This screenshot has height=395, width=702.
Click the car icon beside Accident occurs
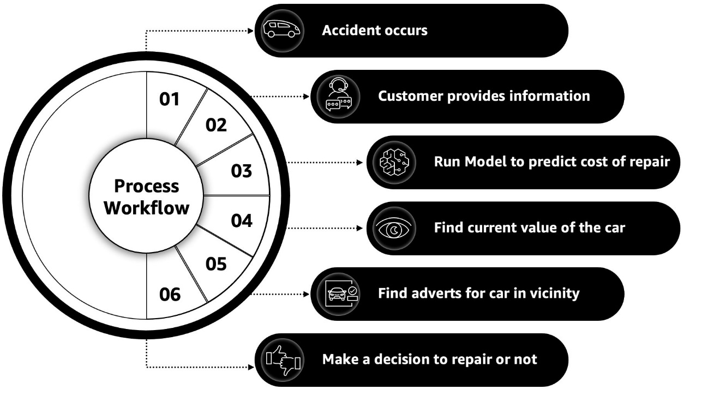(281, 31)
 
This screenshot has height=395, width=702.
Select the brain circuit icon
(397, 163)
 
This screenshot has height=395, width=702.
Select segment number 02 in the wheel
(216, 125)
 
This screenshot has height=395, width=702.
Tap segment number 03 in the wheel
(242, 171)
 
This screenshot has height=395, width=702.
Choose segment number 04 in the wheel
(242, 221)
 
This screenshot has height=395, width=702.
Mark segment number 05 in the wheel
(216, 265)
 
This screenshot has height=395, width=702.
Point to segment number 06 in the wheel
(170, 295)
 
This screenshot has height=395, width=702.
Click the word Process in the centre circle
(147, 186)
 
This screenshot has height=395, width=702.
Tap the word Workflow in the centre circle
(147, 208)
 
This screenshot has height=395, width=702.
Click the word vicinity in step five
(556, 294)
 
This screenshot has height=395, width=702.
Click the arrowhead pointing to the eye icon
(359, 228)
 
